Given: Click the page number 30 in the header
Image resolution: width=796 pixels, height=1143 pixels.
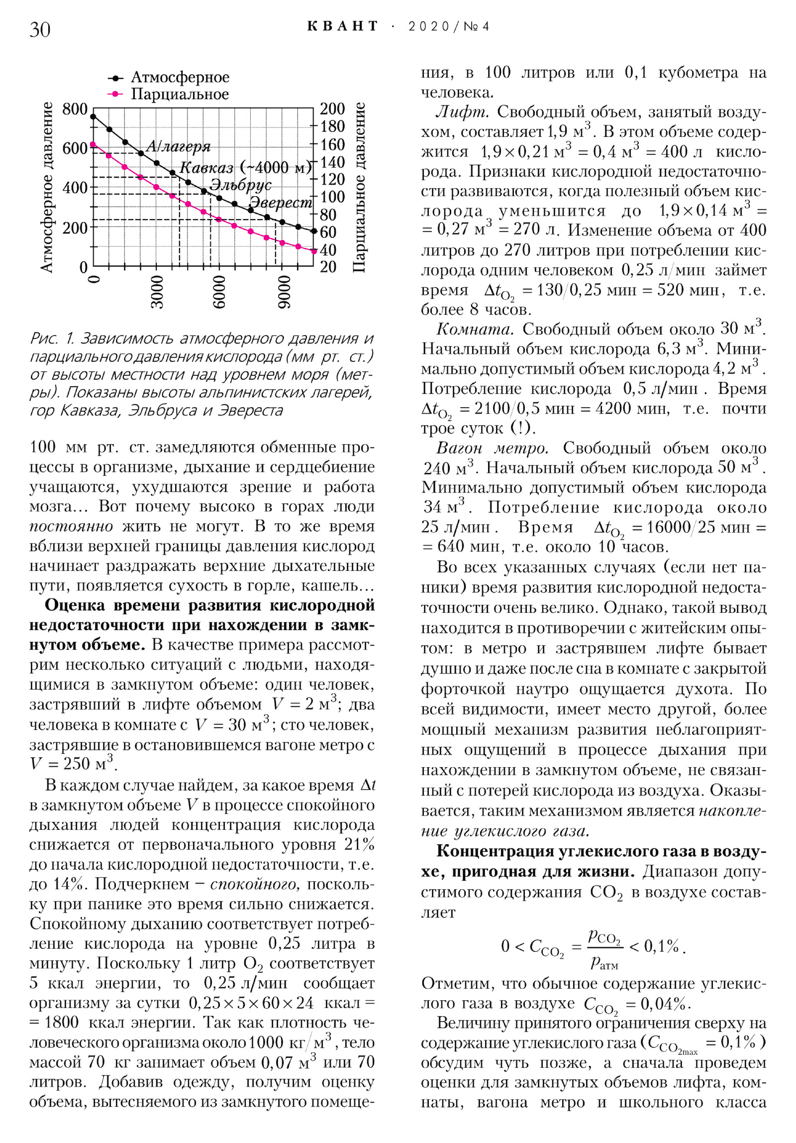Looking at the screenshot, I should tap(40, 29).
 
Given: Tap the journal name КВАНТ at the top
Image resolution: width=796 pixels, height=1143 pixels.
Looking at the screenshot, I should tap(343, 26).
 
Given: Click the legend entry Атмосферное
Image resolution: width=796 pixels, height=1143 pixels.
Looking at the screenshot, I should tap(180, 78).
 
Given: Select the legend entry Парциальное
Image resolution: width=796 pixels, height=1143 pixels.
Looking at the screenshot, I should tap(180, 94).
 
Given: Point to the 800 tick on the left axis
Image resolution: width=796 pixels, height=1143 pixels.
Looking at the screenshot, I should tap(75, 109).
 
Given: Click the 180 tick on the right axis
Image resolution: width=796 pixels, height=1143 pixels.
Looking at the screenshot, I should tap(332, 126).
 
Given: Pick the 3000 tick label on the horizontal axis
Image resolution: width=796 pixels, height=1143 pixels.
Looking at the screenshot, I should tap(157, 292).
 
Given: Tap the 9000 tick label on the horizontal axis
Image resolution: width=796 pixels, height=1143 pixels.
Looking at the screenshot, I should tap(283, 292).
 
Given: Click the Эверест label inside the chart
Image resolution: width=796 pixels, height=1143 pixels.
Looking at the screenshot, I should tap(281, 203).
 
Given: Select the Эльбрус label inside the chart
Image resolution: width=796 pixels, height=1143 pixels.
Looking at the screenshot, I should tap(241, 185).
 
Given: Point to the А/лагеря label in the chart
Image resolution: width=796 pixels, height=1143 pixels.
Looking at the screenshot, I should tap(178, 146).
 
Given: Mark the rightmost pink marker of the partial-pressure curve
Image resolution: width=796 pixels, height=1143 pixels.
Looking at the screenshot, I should tap(313, 251).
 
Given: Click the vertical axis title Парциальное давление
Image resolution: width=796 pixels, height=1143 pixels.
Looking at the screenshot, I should tap(359, 188).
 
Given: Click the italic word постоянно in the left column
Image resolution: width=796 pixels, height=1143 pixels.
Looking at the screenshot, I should tap(71, 526).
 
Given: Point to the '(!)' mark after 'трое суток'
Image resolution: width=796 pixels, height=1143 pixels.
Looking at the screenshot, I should tap(521, 428).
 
